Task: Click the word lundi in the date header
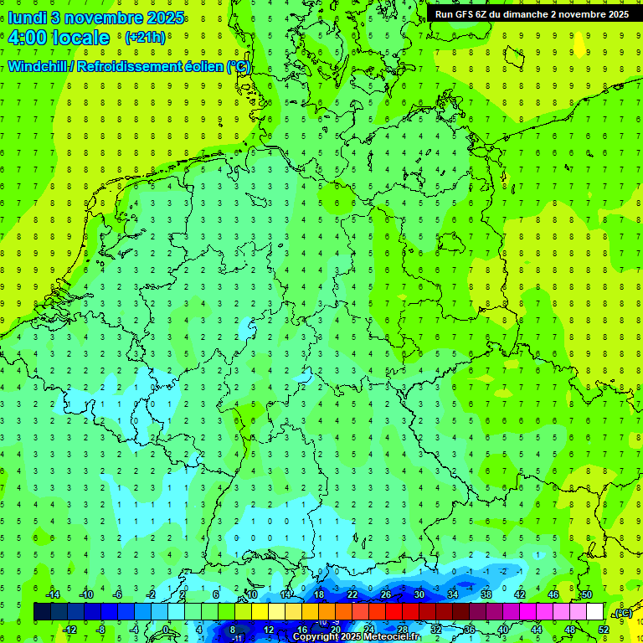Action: pyautogui.click(x=27, y=17)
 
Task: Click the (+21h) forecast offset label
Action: pyautogui.click(x=145, y=38)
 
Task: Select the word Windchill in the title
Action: pyautogui.click(x=37, y=66)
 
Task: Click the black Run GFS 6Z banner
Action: pyautogui.click(x=532, y=13)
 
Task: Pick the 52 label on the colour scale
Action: pyautogui.click(x=604, y=629)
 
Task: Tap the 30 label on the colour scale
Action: pyautogui.click(x=419, y=594)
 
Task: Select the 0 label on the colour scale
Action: pyautogui.click(x=166, y=629)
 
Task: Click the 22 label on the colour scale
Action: pyautogui.click(x=352, y=594)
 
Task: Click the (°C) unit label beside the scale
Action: pyautogui.click(x=622, y=613)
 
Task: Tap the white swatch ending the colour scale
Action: pyautogui.click(x=595, y=612)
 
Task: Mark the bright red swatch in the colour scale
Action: pyautogui.click(x=394, y=612)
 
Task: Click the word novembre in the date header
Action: pyautogui.click(x=98, y=17)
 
